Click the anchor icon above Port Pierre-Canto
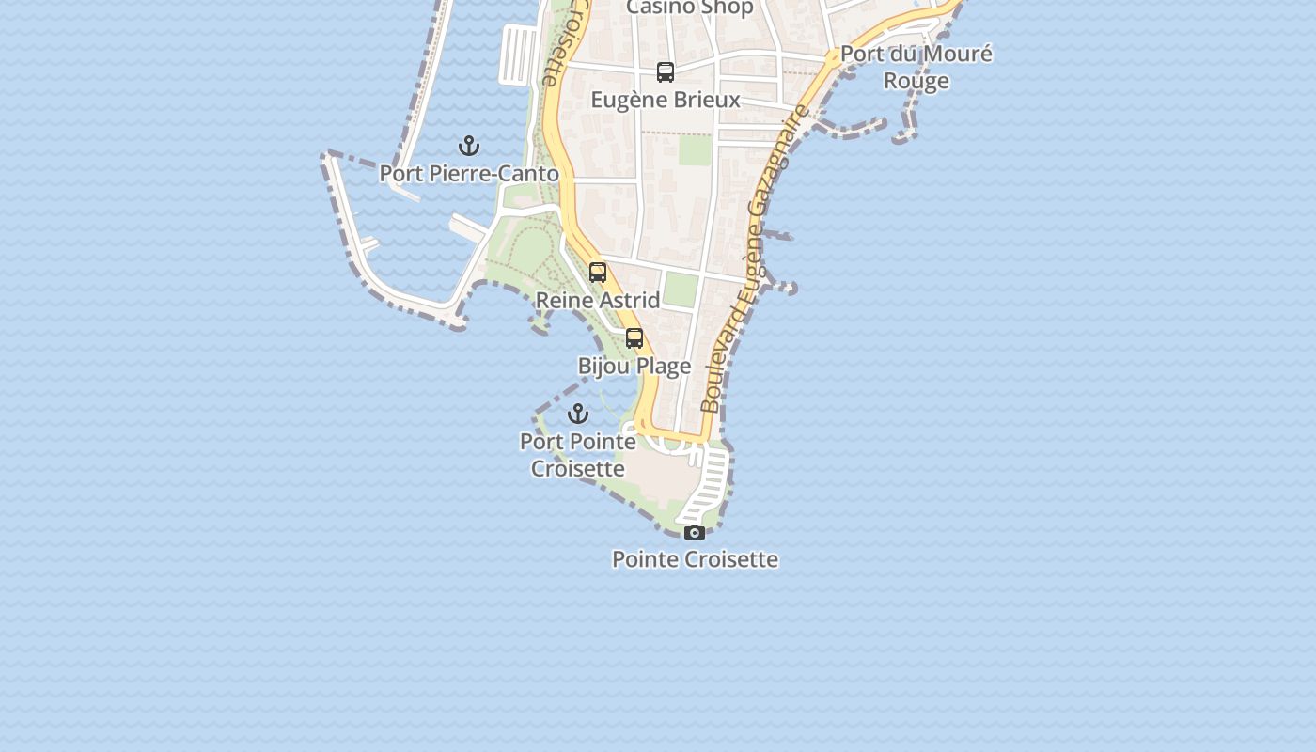(468, 146)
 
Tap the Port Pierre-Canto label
(469, 174)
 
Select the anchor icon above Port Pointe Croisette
(577, 414)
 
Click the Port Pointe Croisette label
(578, 455)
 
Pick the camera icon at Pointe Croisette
(695, 533)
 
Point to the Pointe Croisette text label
(695, 559)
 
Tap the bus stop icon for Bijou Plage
(634, 338)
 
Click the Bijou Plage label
(634, 366)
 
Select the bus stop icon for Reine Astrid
(598, 273)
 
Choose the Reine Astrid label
(598, 301)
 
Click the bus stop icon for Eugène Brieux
(666, 72)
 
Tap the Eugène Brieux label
(666, 100)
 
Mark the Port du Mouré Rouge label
(916, 67)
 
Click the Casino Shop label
(689, 8)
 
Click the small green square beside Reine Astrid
(681, 290)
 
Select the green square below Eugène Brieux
(695, 150)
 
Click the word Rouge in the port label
(916, 81)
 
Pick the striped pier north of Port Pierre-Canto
(518, 55)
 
